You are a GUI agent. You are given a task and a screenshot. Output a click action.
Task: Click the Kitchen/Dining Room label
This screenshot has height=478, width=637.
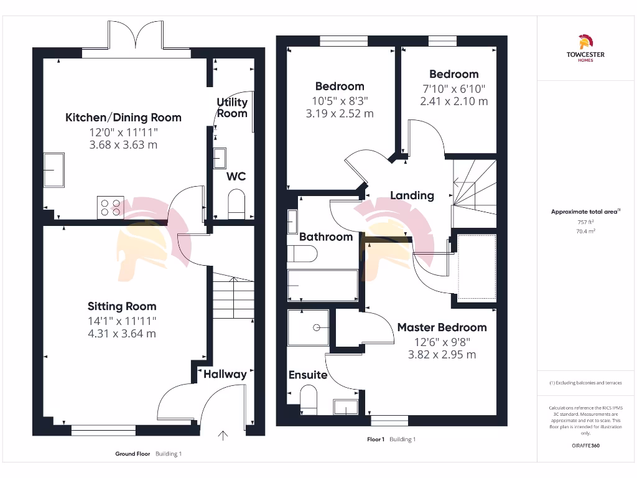123,117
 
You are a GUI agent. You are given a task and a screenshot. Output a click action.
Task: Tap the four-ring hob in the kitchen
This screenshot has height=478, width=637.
110,207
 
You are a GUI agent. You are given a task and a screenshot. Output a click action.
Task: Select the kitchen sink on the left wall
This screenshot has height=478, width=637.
53,170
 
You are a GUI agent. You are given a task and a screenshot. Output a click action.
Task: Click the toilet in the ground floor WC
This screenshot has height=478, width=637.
236,204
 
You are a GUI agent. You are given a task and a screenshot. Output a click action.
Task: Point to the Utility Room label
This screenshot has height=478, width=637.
232,108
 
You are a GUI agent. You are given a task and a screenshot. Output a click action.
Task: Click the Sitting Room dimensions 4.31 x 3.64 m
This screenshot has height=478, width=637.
122,333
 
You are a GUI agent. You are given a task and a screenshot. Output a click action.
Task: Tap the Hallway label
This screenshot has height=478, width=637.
225,374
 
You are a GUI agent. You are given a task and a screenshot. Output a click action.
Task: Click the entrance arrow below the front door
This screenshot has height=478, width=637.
223,435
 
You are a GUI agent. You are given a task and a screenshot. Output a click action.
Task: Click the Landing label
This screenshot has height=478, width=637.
412,195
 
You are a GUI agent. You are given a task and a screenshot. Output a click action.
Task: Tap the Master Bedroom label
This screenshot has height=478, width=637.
442,327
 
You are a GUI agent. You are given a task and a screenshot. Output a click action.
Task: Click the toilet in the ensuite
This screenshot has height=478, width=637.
309,397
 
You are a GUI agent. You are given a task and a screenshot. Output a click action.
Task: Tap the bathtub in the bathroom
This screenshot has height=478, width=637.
322,286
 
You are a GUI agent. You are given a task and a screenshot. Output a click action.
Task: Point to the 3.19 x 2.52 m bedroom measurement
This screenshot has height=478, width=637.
340,113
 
